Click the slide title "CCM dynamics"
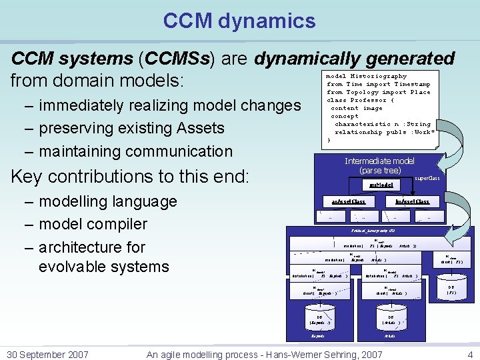pos(239,21)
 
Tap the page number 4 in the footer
pos(470,355)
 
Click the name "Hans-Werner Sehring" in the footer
pos(317,355)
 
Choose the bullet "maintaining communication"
pos(135,151)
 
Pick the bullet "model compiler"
pos(93,224)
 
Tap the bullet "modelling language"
pos(108,201)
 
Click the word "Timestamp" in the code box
pos(412,85)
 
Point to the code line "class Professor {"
pos(361,101)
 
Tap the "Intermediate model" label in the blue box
pos(379,161)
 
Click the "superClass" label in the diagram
pos(427,179)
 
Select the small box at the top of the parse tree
pos(379,185)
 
